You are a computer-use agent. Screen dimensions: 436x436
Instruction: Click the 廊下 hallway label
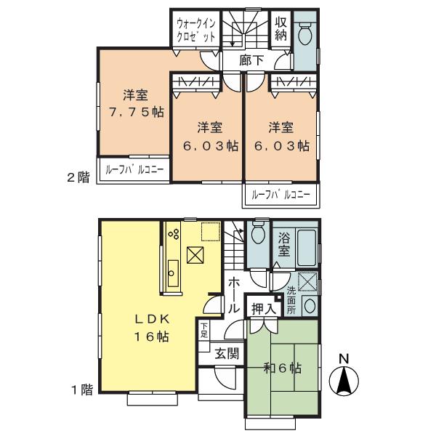point(251,60)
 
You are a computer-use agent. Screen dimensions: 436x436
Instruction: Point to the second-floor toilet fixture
point(306,33)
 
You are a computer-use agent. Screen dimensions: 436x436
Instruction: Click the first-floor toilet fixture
point(258,235)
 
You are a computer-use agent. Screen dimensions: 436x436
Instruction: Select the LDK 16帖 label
point(152,327)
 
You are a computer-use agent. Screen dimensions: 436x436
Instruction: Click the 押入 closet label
point(263,310)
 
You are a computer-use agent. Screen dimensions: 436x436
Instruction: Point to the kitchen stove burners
point(174,234)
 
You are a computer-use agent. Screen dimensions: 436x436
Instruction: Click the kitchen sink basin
point(173,274)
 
